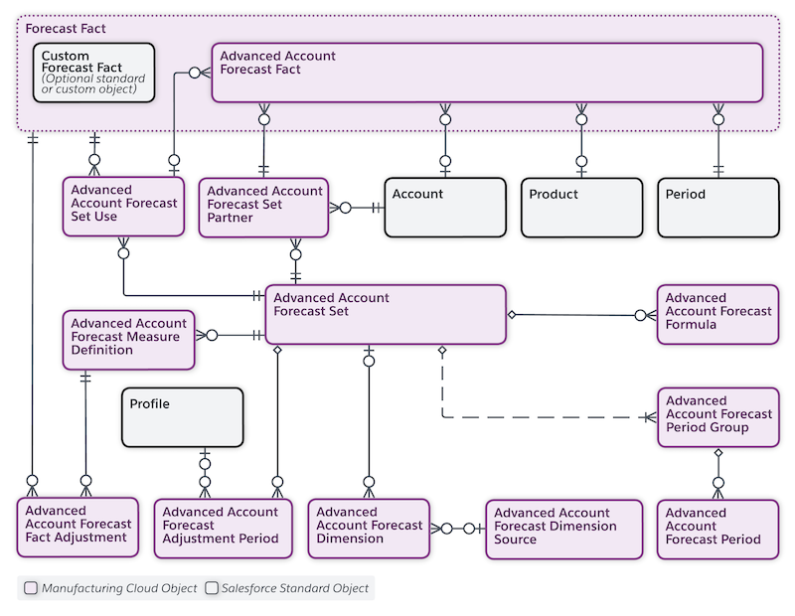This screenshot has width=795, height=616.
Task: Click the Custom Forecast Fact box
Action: tap(94, 73)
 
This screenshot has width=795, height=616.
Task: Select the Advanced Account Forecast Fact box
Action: tap(487, 73)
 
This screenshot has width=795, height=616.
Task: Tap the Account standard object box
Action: tap(445, 207)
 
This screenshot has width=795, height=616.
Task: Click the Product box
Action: tap(582, 207)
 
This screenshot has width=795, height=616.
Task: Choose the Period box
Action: tap(718, 207)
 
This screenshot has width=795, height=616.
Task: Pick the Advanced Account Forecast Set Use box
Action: tap(123, 207)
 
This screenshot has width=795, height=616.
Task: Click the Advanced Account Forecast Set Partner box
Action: tap(263, 208)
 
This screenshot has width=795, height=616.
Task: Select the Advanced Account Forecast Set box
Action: tap(386, 315)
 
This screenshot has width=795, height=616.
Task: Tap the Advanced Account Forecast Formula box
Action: tap(717, 315)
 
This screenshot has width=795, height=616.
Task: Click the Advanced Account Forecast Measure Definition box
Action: tap(129, 340)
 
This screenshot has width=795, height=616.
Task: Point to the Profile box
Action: tap(182, 417)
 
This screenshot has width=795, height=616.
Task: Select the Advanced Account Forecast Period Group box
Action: tap(717, 418)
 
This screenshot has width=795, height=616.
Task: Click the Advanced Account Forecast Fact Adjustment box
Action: tap(79, 528)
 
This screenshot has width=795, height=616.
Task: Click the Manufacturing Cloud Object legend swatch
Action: tap(32, 588)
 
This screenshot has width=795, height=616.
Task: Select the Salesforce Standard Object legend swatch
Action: tap(212, 588)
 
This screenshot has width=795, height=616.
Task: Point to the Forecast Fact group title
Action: tap(66, 29)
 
